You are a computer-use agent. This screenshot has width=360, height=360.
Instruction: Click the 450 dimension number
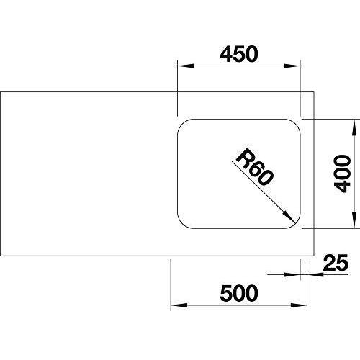239,54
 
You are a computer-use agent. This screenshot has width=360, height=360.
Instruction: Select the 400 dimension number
343,174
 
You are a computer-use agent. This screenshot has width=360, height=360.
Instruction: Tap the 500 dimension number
239,293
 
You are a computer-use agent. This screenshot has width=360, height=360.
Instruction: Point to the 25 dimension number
336,263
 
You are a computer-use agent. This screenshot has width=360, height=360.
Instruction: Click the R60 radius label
255,167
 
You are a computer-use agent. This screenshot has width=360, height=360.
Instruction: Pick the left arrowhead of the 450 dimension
186,66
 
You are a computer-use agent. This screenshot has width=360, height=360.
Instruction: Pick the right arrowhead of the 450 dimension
292,66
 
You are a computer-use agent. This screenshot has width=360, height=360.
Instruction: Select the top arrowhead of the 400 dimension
354,127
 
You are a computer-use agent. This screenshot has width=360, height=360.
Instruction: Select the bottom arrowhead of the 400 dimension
354,220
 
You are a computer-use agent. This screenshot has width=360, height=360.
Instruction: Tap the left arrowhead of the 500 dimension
179,305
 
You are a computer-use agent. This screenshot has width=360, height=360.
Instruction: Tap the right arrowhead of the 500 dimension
299,305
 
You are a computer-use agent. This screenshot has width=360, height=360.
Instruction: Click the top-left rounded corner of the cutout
181,123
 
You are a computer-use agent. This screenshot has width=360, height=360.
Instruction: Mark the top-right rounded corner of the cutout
296,123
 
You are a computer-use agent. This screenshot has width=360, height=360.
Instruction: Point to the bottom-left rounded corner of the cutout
181,224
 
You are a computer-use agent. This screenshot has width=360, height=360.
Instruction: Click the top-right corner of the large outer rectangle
314,91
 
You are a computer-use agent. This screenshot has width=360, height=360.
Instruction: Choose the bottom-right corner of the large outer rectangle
314,256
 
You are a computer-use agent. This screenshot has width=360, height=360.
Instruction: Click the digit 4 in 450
226,54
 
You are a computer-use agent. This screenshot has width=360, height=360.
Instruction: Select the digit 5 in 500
226,293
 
